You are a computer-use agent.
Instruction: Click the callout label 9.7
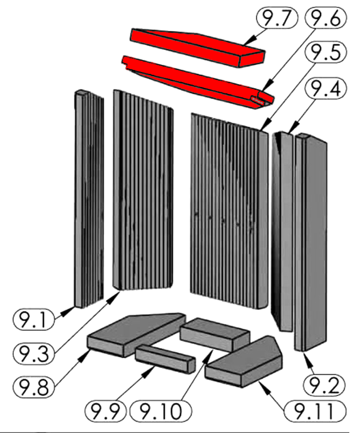point(276,20)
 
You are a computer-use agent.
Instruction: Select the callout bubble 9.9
point(105,412)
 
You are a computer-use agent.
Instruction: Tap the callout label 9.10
point(161,412)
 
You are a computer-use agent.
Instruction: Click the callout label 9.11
point(316,412)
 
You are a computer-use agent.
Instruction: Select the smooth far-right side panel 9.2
point(311,243)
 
